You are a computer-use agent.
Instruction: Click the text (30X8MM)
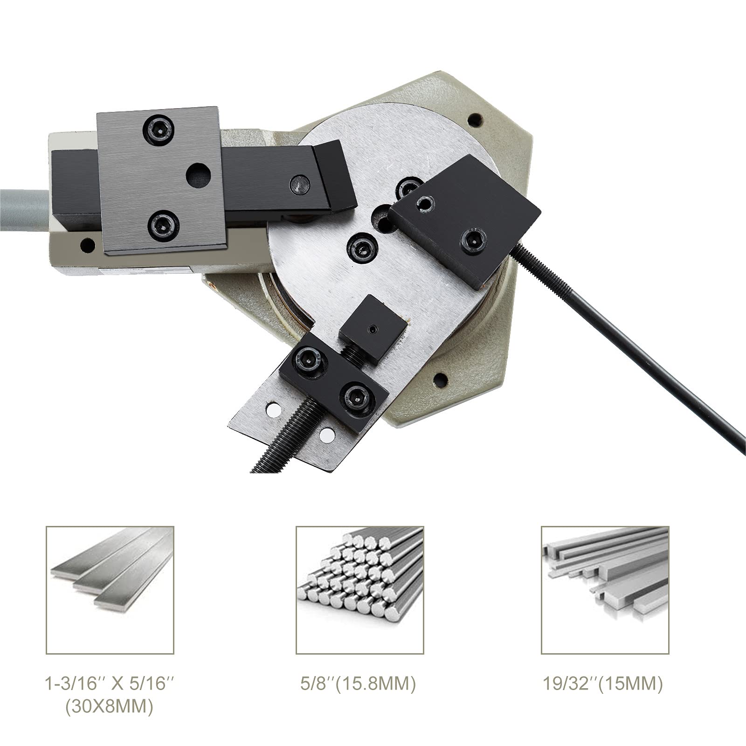point(110,707)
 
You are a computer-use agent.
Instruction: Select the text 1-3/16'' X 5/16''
point(110,684)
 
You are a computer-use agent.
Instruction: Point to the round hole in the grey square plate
point(198,175)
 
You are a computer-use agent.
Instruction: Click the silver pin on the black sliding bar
point(299,185)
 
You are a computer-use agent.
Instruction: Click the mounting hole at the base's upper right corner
point(475,120)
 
